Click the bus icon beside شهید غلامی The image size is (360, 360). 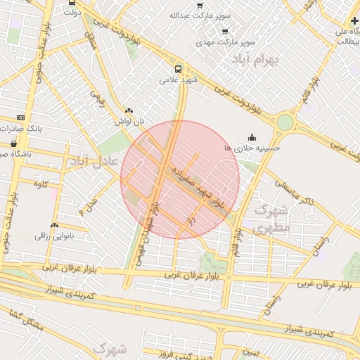click(x=178, y=70)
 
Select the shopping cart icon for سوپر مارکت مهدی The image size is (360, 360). click(x=225, y=31)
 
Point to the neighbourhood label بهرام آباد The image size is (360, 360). click(x=255, y=59)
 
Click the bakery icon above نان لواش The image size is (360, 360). click(x=128, y=110)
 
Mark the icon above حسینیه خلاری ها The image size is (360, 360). click(x=252, y=137)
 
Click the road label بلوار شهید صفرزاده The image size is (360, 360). click(x=198, y=186)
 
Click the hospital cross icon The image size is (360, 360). click(x=354, y=21)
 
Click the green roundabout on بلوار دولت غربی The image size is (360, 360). click(x=284, y=122)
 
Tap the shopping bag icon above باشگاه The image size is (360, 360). click(x=14, y=143)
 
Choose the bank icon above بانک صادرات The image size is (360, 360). click(x=20, y=117)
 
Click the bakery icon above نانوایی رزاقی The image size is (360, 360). click(x=55, y=225)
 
